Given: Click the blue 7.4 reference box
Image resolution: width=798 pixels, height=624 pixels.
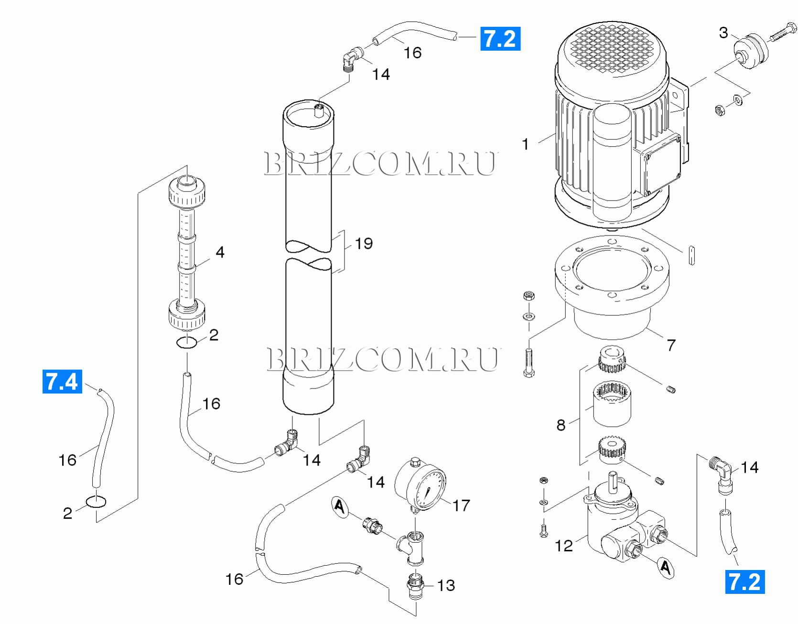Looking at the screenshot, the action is (x=62, y=381).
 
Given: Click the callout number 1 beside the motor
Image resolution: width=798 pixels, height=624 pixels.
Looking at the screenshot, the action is (x=526, y=144).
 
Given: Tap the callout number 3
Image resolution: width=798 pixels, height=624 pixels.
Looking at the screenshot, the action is (x=723, y=32).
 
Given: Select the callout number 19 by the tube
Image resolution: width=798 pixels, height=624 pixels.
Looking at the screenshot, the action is (x=364, y=243).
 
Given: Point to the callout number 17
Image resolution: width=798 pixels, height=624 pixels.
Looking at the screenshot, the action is (x=461, y=505).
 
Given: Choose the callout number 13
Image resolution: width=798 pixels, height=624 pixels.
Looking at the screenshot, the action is (x=446, y=585).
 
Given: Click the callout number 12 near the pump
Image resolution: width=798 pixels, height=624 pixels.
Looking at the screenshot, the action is (x=563, y=546).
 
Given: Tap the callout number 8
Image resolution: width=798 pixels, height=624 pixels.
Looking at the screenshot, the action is (x=561, y=425).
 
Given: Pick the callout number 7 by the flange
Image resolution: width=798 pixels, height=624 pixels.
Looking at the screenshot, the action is (x=671, y=345).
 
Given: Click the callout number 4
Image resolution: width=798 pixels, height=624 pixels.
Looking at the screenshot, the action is (x=220, y=252).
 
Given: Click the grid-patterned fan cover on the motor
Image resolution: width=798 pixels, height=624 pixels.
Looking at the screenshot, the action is (x=614, y=49).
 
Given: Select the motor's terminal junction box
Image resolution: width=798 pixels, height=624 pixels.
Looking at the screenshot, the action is (x=661, y=163).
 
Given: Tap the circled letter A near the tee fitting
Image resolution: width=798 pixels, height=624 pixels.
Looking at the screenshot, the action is (x=339, y=506).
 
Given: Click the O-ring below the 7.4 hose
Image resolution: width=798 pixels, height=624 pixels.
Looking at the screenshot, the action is (x=96, y=501).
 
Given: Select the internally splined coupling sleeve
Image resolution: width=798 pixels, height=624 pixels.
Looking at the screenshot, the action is (x=612, y=404).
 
